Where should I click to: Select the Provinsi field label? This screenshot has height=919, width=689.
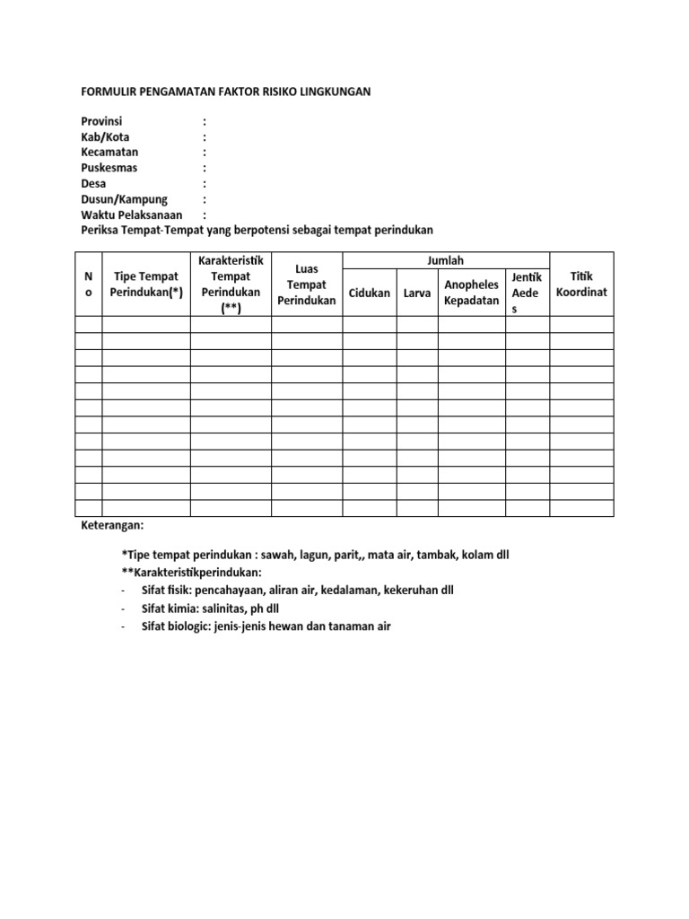(x=102, y=120)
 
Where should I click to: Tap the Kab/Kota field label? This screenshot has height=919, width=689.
(x=105, y=136)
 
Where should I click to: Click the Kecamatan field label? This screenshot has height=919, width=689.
(x=109, y=152)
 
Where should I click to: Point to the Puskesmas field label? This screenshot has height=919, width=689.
(x=109, y=168)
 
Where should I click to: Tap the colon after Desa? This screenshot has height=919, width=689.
(x=205, y=184)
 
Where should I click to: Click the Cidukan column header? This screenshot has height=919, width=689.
(x=369, y=293)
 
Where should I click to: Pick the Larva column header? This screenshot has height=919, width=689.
(x=417, y=293)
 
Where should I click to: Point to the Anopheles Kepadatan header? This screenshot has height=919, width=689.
(x=471, y=293)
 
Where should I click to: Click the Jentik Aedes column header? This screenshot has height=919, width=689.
(x=526, y=293)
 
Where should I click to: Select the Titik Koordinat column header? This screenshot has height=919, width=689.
(x=581, y=284)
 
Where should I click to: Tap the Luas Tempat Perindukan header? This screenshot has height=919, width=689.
(x=306, y=284)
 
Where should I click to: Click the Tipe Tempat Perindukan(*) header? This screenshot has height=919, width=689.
(x=145, y=284)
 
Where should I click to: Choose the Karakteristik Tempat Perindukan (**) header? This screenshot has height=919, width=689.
(x=231, y=284)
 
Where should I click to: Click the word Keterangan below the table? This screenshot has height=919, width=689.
(x=112, y=525)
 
